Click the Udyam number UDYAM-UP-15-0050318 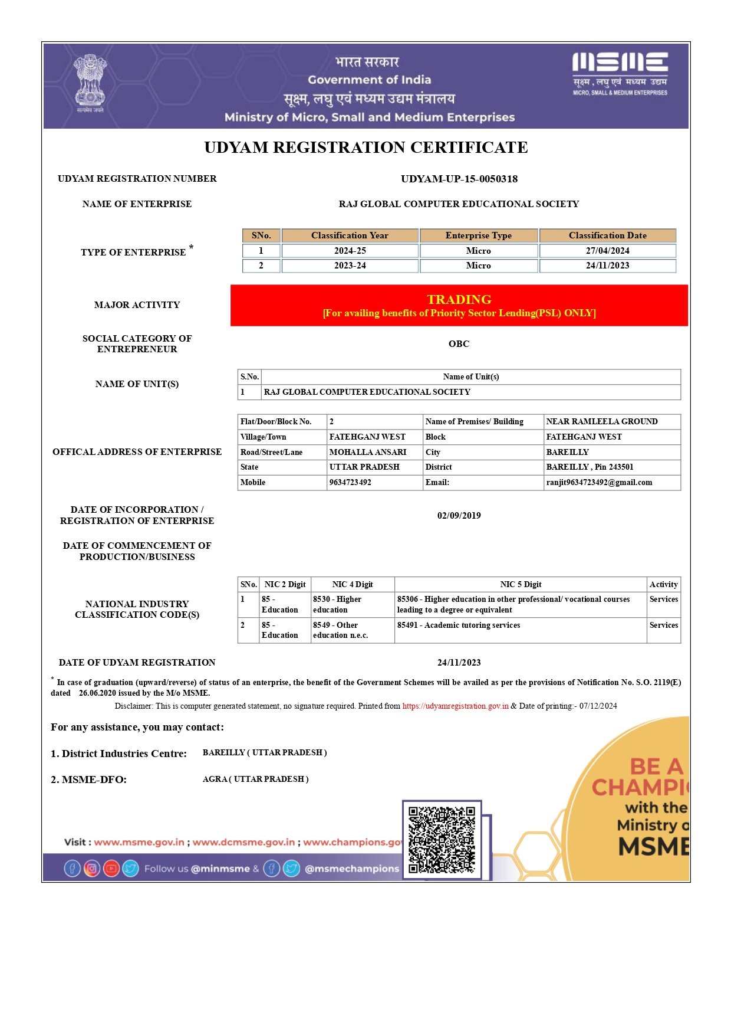point(459,179)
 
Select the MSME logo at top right point(620,74)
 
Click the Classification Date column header point(607,235)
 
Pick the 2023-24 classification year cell point(350,266)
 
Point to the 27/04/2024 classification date point(607,251)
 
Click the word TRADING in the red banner point(459,299)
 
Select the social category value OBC point(459,344)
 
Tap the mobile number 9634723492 point(350,482)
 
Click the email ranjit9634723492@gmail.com point(599,482)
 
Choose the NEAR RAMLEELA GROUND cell point(601,421)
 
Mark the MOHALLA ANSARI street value point(368,452)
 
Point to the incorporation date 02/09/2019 point(459,516)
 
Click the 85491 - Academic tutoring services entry point(459,625)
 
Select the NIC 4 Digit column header point(353,584)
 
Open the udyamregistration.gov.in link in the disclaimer point(455,706)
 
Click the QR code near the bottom point(442,840)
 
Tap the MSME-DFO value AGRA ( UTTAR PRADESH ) point(255,779)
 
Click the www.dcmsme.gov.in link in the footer point(243,842)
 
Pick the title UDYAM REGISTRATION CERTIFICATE point(365,148)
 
